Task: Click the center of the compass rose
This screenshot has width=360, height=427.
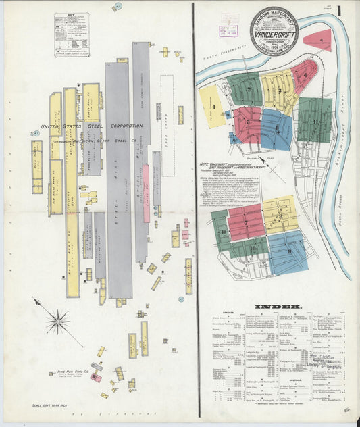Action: pyautogui.click(x=57, y=320)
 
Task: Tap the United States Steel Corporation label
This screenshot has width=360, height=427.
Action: pyautogui.click(x=92, y=126)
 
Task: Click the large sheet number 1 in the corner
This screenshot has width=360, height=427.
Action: pyautogui.click(x=339, y=12)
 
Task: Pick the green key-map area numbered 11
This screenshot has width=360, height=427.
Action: pyautogui.click(x=315, y=120)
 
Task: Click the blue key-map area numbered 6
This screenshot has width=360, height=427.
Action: pyautogui.click(x=277, y=128)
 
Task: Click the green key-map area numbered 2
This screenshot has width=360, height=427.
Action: pyautogui.click(x=245, y=89)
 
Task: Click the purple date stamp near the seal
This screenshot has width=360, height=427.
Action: pyautogui.click(x=223, y=31)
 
